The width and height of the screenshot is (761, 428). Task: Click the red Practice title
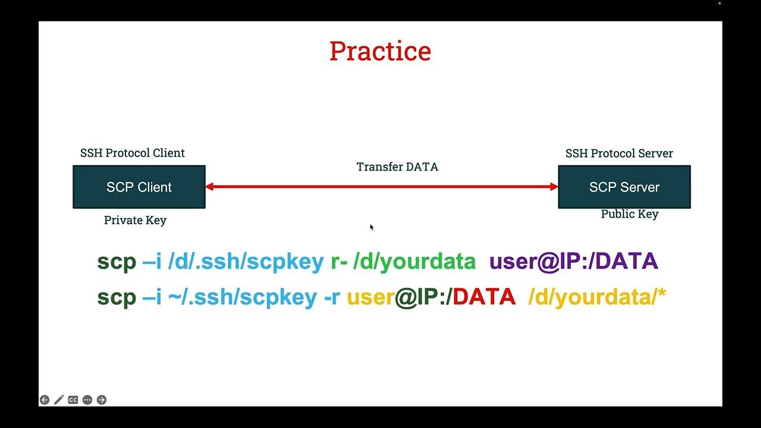[380, 51]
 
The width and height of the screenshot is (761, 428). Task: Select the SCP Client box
[139, 187]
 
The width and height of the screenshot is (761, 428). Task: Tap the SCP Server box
[624, 187]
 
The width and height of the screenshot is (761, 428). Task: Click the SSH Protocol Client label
[133, 153]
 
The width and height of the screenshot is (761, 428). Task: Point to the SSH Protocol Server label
[619, 153]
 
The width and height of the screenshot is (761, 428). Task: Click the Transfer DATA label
[397, 167]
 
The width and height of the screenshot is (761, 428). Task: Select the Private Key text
[135, 220]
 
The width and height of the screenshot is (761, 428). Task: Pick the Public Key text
[630, 214]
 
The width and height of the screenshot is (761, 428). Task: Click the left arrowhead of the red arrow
[210, 187]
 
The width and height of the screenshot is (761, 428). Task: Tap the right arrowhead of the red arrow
[554, 187]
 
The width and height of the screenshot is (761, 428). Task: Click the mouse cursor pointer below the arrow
[372, 227]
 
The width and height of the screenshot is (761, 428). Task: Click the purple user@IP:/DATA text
[573, 262]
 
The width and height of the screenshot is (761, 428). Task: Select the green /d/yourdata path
[414, 262]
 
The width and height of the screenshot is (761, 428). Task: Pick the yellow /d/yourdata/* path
[597, 297]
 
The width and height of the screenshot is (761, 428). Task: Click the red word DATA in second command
[484, 297]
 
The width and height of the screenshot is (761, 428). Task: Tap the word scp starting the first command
[117, 262]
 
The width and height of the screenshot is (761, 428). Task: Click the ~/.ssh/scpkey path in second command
[243, 297]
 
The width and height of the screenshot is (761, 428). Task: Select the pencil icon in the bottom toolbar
[59, 400]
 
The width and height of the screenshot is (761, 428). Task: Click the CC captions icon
[73, 400]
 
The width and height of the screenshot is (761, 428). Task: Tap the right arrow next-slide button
[102, 400]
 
